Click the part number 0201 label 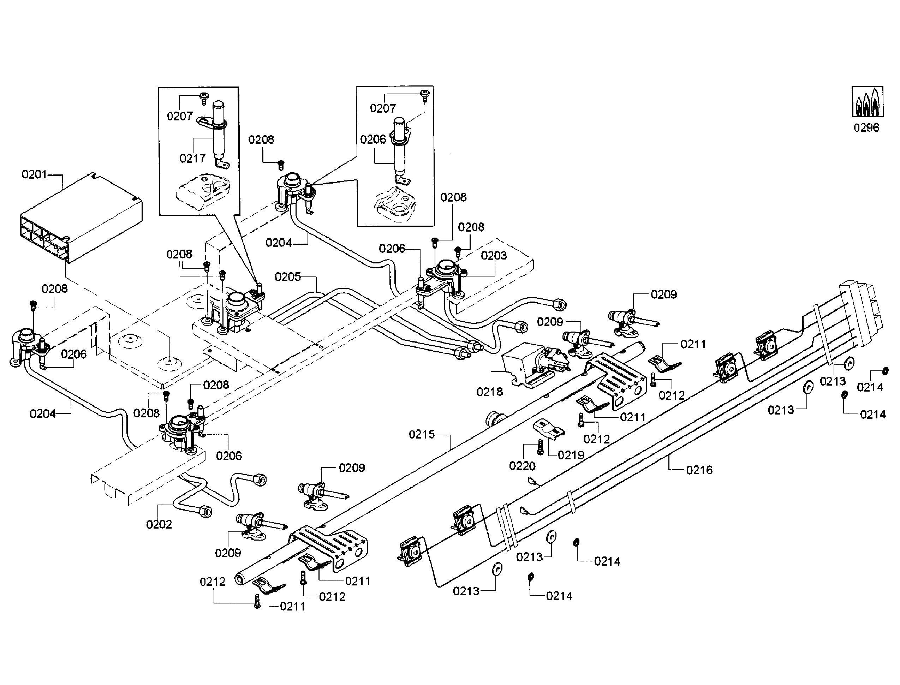click(34, 175)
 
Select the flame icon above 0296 click(868, 102)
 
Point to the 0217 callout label click(192, 158)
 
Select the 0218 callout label click(489, 392)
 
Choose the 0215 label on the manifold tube click(422, 435)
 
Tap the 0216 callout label click(699, 470)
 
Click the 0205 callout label click(287, 277)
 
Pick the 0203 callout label click(494, 256)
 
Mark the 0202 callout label click(159, 524)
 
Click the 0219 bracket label click(571, 455)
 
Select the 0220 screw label click(522, 466)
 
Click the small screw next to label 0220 click(540, 447)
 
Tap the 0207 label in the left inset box click(179, 117)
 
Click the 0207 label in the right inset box click(382, 108)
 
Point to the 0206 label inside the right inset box click(372, 139)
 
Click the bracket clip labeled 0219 click(549, 429)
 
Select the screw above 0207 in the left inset click(203, 97)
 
